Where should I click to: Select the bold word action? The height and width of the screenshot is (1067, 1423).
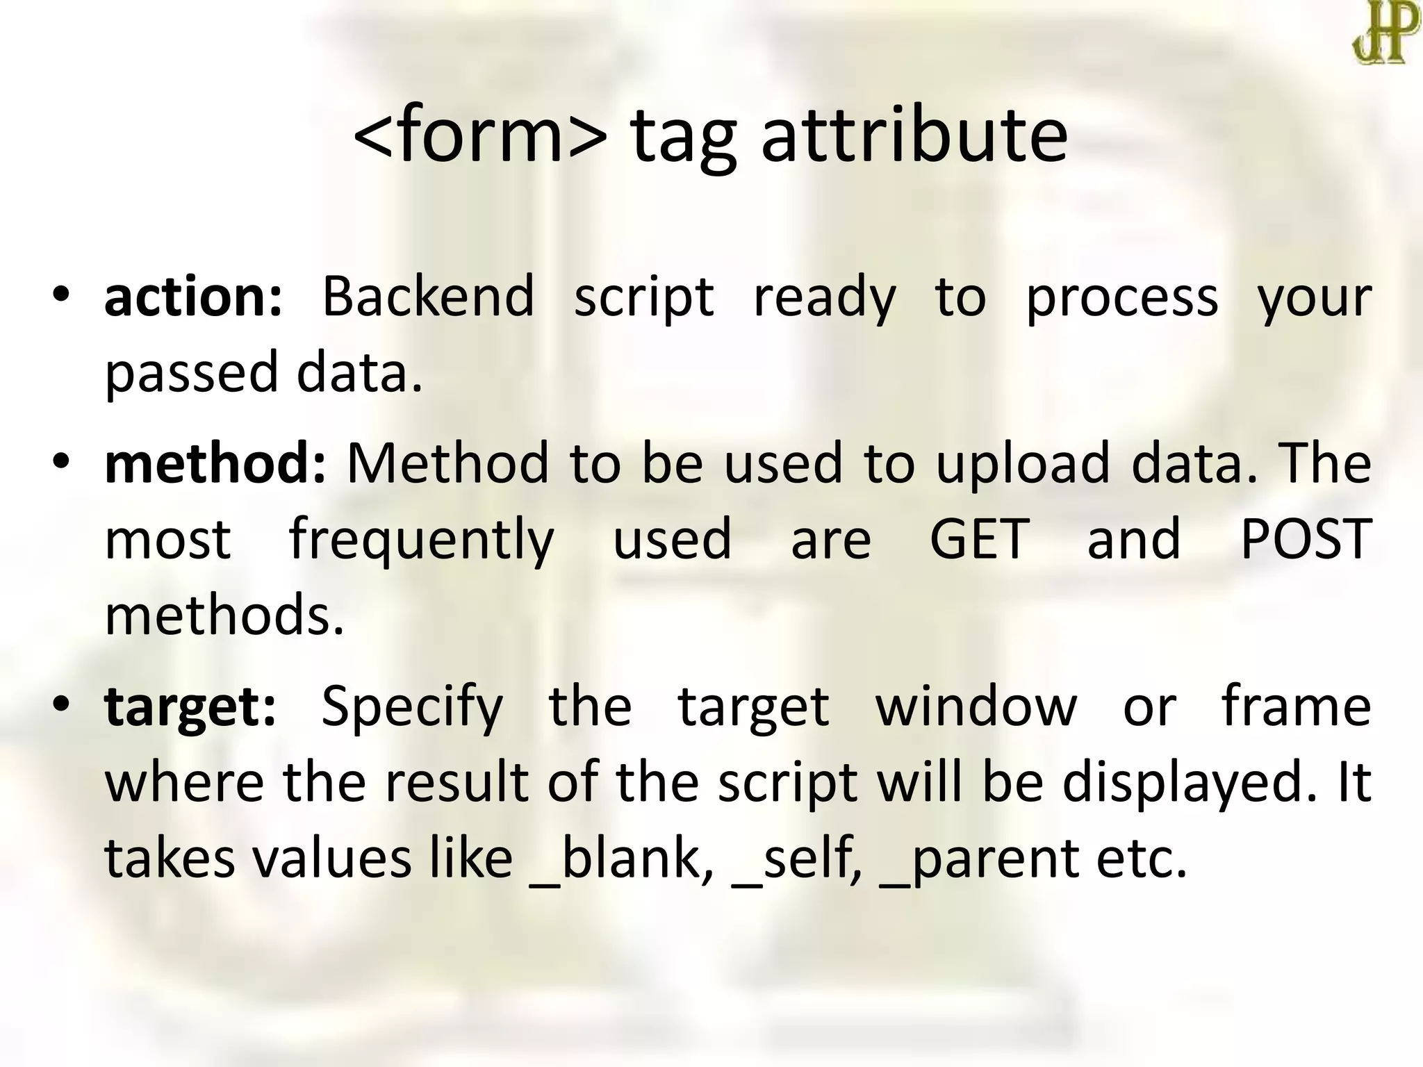pyautogui.click(x=193, y=297)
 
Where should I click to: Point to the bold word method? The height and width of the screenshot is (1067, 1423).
pyautogui.click(x=215, y=464)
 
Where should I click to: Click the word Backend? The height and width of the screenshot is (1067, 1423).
pyautogui.click(x=428, y=297)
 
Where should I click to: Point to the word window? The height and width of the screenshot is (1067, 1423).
pyautogui.click(x=976, y=707)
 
